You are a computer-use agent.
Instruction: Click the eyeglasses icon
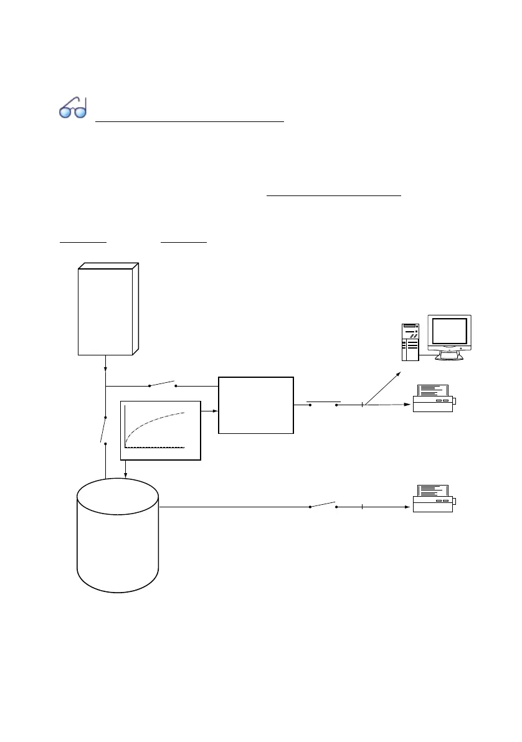coord(73,109)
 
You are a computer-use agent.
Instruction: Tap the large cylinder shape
coord(117,535)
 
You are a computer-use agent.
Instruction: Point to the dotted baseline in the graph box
coord(156,447)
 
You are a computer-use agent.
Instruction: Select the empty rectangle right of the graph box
coord(255,405)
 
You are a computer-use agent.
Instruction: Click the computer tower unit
coord(410,342)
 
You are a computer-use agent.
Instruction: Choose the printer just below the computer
coord(434,399)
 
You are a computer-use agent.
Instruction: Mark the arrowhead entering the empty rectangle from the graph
coord(215,411)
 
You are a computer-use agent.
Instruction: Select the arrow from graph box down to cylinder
coord(126,469)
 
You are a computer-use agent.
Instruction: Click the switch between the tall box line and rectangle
coord(163,384)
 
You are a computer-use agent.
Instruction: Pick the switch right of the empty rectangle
coord(323,403)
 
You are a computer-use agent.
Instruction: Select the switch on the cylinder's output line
coord(323,504)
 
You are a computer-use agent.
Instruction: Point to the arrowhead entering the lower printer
coord(408,507)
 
